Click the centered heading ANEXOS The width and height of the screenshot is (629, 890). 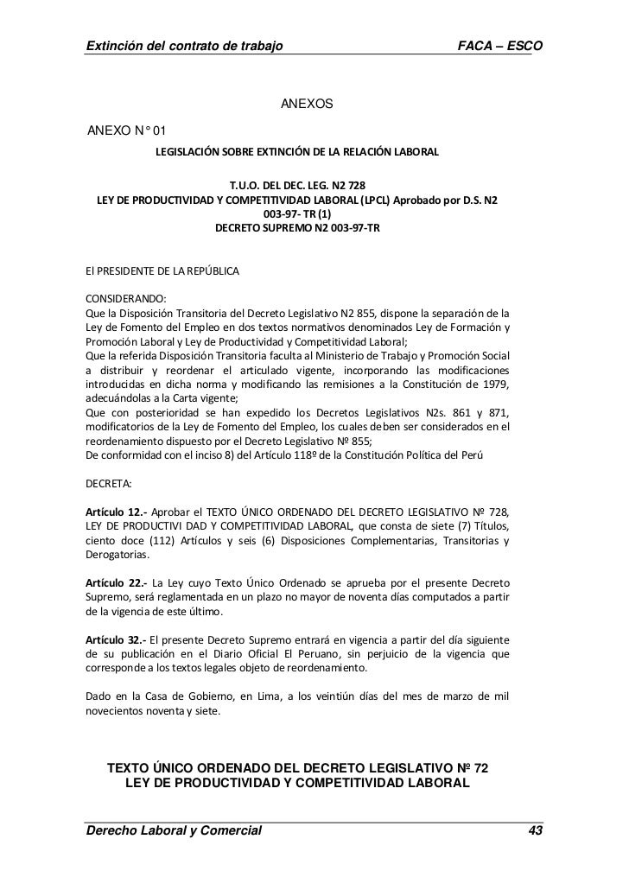click(307, 105)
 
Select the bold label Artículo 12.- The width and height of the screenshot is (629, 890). click(111, 512)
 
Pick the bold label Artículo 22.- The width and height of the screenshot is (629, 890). click(111, 582)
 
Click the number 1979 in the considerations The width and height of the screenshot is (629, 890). click(493, 384)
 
